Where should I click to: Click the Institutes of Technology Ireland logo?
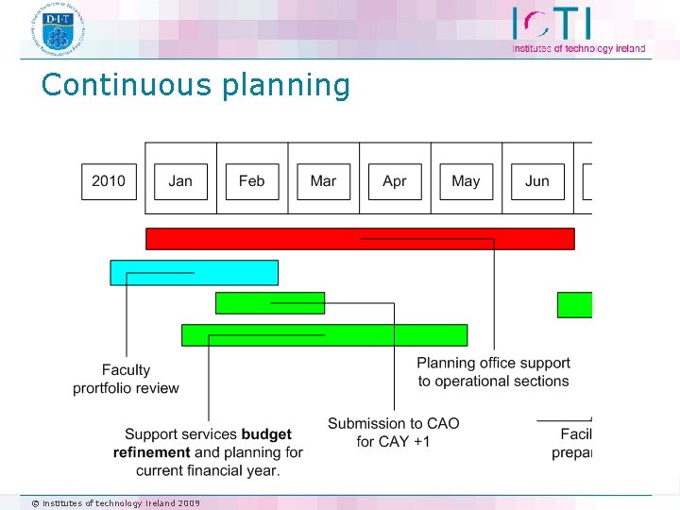[578, 29]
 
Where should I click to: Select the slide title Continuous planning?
[195, 85]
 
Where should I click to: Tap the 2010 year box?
[109, 181]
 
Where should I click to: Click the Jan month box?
[180, 181]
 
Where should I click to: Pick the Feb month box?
[252, 181]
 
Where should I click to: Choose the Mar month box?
[323, 181]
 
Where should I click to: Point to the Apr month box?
[395, 181]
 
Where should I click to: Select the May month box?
[466, 181]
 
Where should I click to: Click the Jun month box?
[537, 181]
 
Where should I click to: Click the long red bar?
[359, 239]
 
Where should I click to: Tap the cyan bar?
[194, 272]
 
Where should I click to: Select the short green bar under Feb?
[269, 303]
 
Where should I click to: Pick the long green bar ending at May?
[324, 335]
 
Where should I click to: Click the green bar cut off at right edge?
[574, 305]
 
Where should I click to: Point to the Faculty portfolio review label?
[126, 379]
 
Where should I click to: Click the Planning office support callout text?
[493, 372]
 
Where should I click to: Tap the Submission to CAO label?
[393, 433]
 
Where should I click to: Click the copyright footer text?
[115, 502]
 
